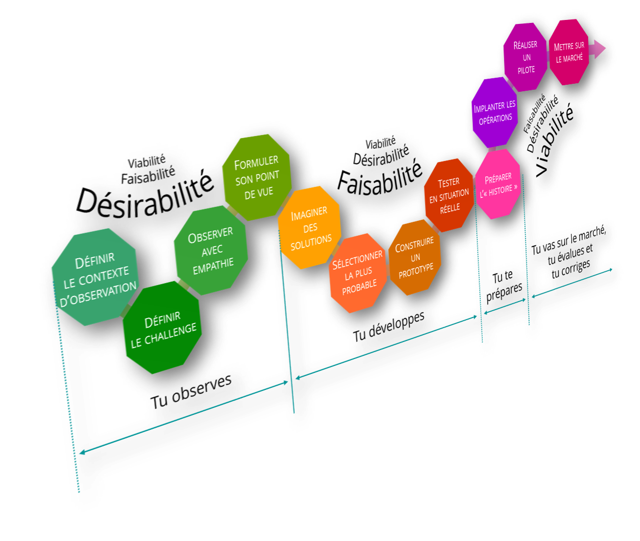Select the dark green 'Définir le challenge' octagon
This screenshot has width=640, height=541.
pos(162,327)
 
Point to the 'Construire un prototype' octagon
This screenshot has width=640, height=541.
pos(415,259)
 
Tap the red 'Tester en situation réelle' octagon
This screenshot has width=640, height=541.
pos(449,195)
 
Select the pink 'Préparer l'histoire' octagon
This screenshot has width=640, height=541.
pos(498,184)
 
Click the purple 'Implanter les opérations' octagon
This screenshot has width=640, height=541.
pos(494,112)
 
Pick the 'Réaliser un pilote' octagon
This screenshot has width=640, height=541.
pos(526,57)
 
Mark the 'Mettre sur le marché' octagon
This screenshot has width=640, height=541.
pos(569,52)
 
